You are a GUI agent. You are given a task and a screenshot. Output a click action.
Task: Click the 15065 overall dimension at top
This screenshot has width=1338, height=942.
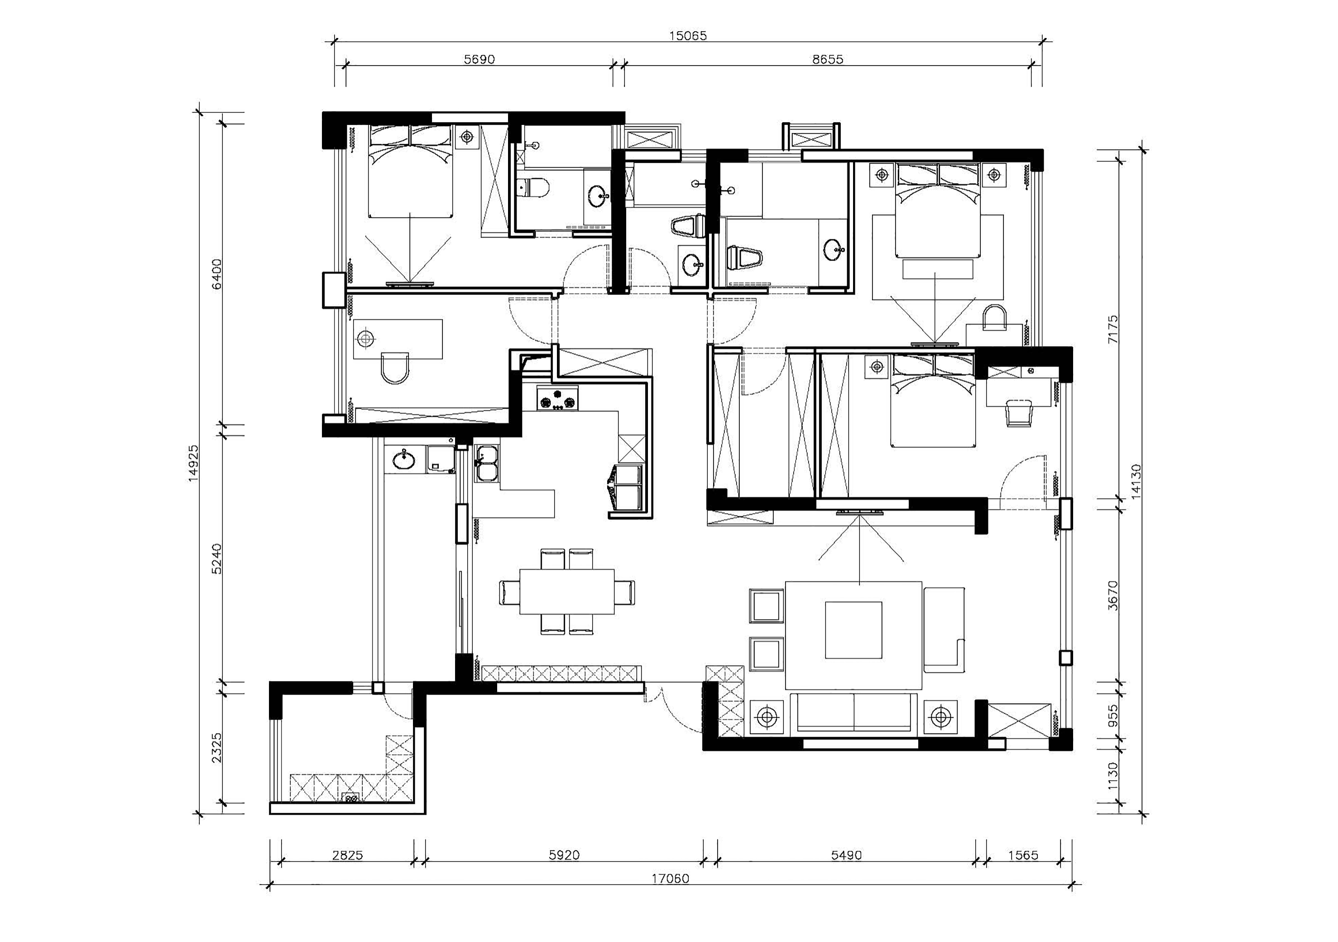click(x=688, y=36)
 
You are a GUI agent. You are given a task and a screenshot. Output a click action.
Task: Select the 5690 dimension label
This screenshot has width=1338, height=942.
click(x=479, y=59)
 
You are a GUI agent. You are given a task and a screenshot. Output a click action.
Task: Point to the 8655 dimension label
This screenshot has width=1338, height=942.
click(x=828, y=59)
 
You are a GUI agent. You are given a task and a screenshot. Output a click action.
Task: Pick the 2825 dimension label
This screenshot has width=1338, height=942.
click(x=347, y=855)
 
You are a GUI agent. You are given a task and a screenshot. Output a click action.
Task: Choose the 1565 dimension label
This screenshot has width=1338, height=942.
click(x=1023, y=855)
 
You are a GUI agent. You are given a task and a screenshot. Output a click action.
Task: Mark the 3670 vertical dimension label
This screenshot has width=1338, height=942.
click(x=1113, y=595)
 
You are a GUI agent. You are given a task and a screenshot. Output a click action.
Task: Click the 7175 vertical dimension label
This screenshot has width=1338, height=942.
click(x=1113, y=329)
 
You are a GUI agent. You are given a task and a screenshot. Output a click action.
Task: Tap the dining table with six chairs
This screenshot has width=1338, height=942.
click(x=567, y=591)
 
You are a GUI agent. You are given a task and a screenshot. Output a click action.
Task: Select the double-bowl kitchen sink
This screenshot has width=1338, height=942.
click(x=487, y=464)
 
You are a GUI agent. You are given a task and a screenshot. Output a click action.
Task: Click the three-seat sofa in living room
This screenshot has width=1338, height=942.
click(x=854, y=712)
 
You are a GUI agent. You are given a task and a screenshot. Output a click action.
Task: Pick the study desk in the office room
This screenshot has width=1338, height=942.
click(x=398, y=339)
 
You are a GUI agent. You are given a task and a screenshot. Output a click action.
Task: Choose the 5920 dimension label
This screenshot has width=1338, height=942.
click(x=564, y=855)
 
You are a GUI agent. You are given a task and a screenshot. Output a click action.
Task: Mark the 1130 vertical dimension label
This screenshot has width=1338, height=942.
click(x=1113, y=776)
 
